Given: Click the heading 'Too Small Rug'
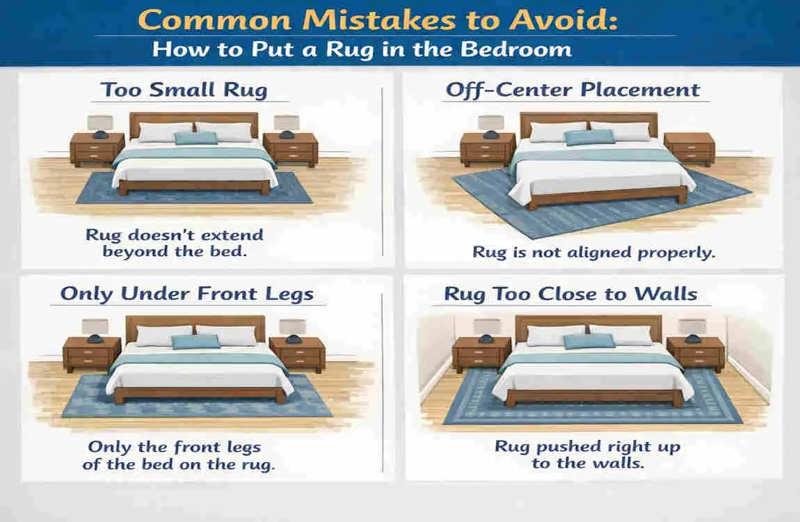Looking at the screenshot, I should pyautogui.click(x=184, y=90).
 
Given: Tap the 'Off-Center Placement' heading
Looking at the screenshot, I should pyautogui.click(x=573, y=90).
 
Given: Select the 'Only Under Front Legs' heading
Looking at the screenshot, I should pyautogui.click(x=186, y=293).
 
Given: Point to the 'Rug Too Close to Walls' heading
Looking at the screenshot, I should pyautogui.click(x=570, y=293).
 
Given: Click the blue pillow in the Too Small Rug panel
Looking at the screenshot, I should pyautogui.click(x=195, y=138).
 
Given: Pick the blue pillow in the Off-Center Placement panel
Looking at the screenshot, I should pyautogui.click(x=589, y=137).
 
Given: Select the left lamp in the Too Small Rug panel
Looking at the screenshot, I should pyautogui.click(x=100, y=125).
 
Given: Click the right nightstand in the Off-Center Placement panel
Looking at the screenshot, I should pyautogui.click(x=689, y=148).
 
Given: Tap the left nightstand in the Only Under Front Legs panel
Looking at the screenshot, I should pyautogui.click(x=91, y=354).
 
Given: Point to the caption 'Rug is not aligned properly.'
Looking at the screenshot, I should pyautogui.click(x=593, y=252).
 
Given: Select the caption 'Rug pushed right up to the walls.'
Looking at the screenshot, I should pyautogui.click(x=587, y=454).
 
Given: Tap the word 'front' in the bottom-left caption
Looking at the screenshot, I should pyautogui.click(x=189, y=448).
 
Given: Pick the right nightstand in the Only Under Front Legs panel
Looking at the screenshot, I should pyautogui.click(x=296, y=354).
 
